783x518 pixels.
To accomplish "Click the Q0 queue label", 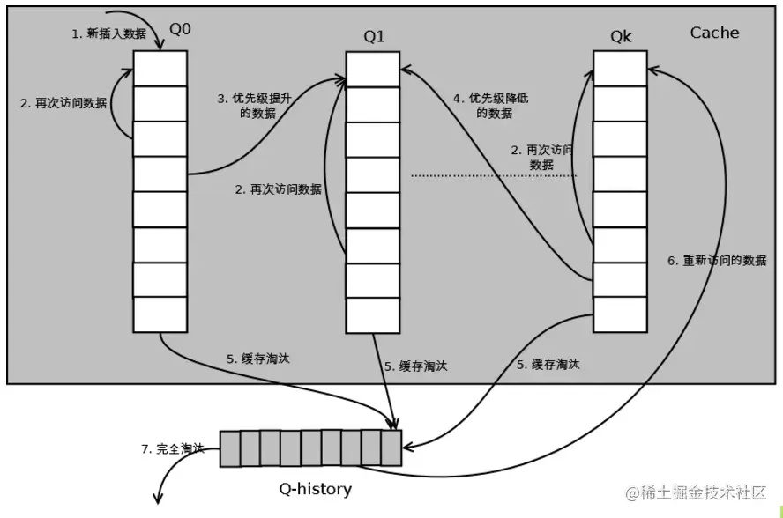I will pyautogui.click(x=180, y=28).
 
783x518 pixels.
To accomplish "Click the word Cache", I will pyautogui.click(x=714, y=33).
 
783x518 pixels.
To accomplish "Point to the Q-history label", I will pyautogui.click(x=315, y=488).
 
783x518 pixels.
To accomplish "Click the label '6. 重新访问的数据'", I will pyautogui.click(x=717, y=261).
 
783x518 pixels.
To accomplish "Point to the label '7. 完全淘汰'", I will pyautogui.click(x=172, y=448).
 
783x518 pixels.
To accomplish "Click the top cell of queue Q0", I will pyautogui.click(x=160, y=68).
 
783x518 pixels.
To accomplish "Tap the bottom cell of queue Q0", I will pyautogui.click(x=160, y=314).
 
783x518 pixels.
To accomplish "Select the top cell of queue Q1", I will pyautogui.click(x=372, y=69).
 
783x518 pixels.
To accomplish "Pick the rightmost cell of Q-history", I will pyautogui.click(x=391, y=448).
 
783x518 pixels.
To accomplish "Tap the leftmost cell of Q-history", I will pyautogui.click(x=229, y=448).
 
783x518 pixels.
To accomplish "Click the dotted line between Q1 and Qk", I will pyautogui.click(x=494, y=176).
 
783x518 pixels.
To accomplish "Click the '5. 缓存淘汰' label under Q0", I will pyautogui.click(x=257, y=359).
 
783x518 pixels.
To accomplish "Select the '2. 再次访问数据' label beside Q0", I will pyautogui.click(x=63, y=102).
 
